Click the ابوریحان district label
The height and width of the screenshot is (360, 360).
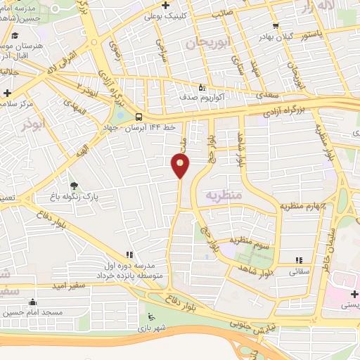tap(208, 43)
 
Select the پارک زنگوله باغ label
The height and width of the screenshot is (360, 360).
tap(96, 198)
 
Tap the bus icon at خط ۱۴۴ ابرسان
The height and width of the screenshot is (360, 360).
tap(139, 116)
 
